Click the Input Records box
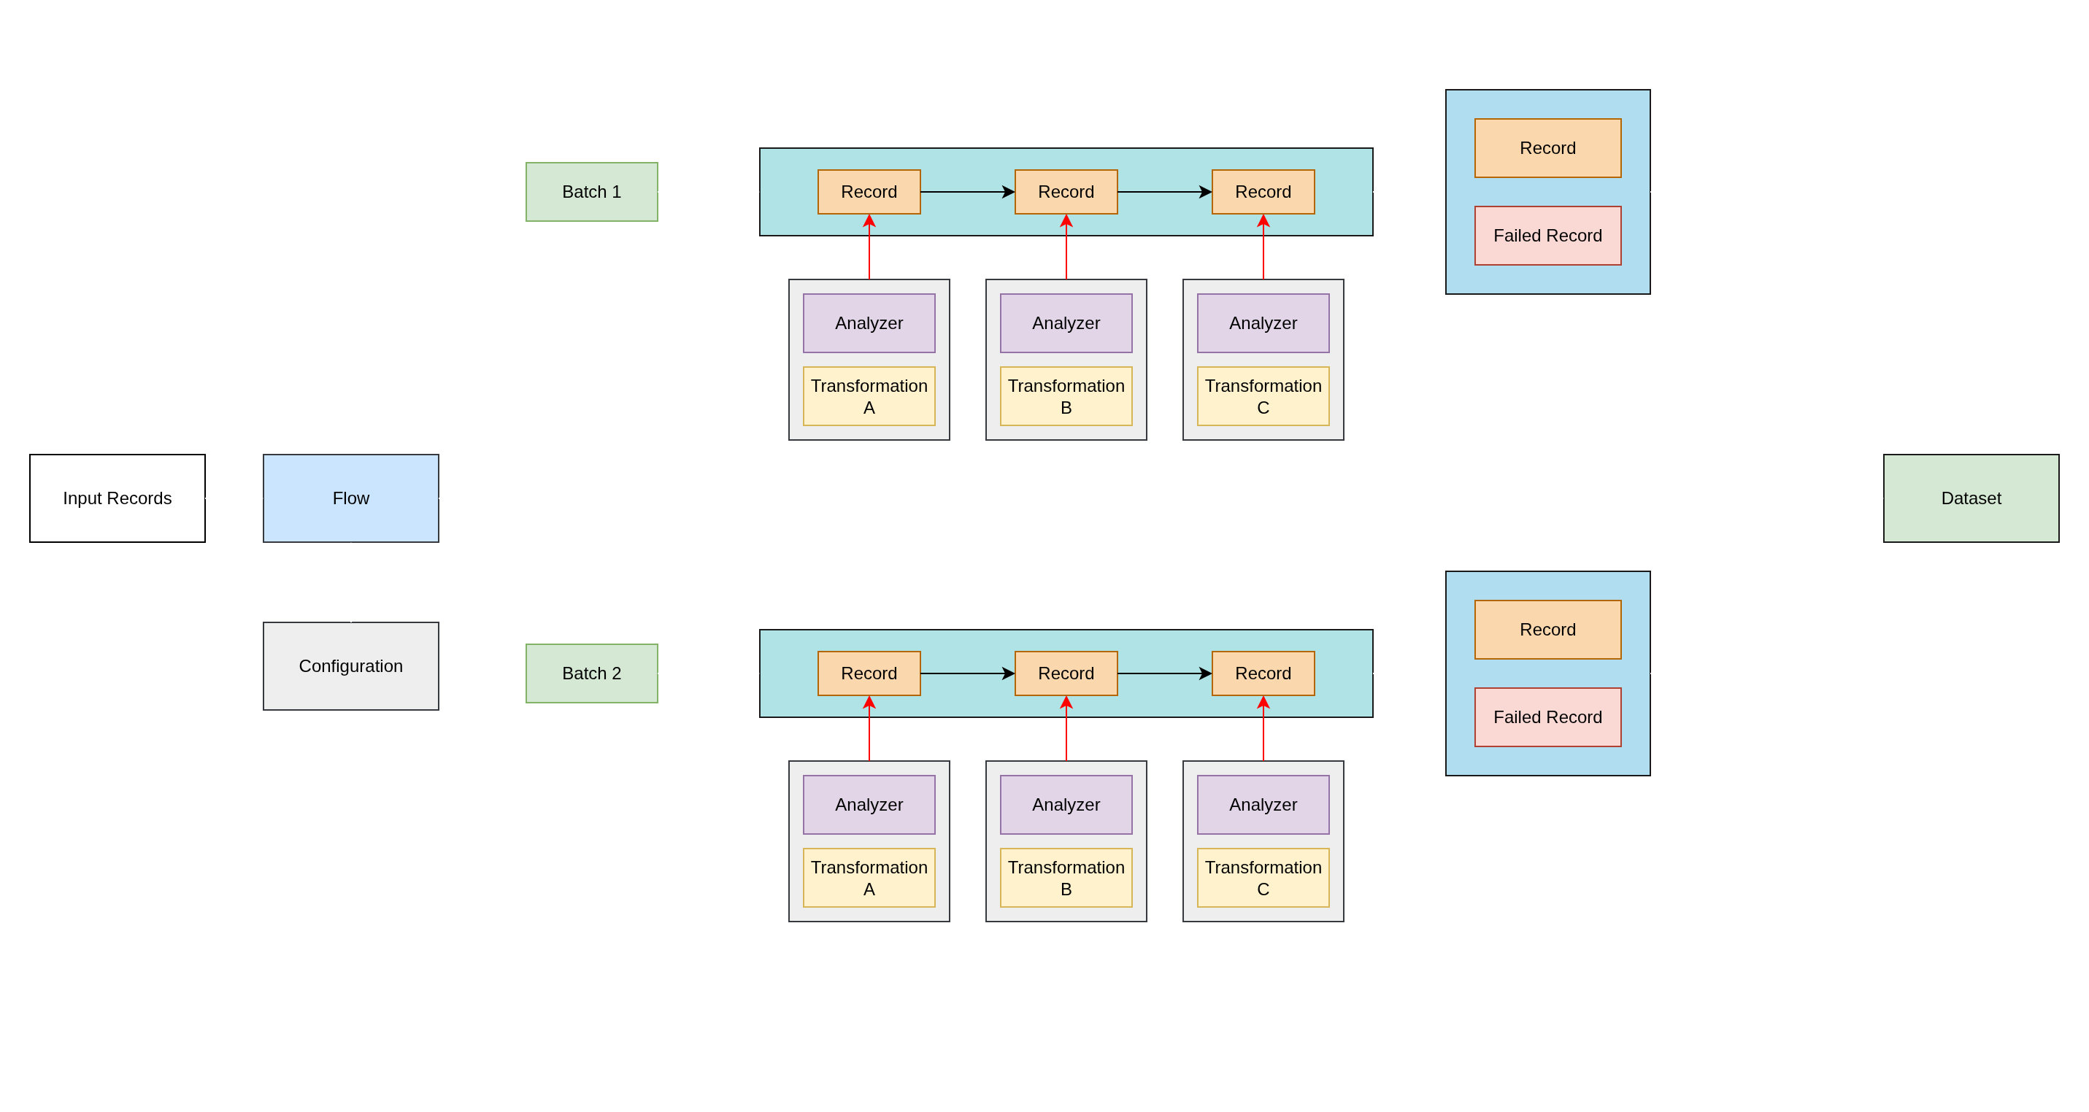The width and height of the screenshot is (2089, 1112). pos(118,498)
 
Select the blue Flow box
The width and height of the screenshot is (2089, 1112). pos(350,498)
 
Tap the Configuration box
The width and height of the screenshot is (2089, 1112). pos(350,665)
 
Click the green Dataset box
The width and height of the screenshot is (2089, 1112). pos(1970,498)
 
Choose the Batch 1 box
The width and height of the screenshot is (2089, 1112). pos(591,192)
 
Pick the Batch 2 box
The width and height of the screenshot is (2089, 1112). pos(591,673)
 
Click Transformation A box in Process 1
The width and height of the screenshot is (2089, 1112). pos(869,396)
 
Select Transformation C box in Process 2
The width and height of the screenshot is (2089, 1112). pos(1263,878)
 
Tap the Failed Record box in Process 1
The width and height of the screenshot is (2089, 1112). pos(1547,236)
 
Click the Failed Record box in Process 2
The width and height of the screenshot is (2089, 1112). pos(1547,717)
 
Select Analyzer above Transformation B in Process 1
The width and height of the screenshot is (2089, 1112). pos(1066,323)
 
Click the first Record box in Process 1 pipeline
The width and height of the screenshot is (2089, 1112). pos(869,192)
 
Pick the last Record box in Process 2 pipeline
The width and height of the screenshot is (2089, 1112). pos(1263,673)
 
